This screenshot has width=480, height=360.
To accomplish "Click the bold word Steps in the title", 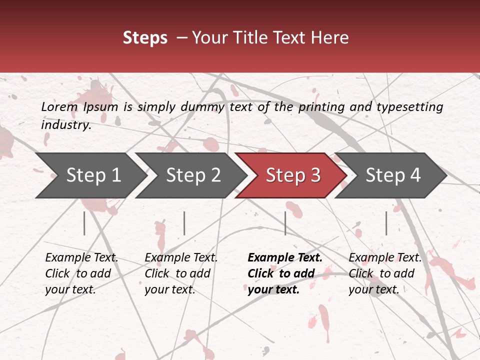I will point(145,37).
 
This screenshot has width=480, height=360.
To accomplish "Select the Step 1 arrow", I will point(90,175).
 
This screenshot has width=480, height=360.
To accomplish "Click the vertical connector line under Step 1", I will point(84,223).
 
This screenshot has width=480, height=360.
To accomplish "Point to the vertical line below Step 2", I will point(184,223).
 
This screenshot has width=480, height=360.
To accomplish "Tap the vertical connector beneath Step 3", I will point(285,223).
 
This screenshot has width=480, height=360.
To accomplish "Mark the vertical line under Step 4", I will point(386,223).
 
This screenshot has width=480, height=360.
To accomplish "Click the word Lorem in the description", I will point(59,106).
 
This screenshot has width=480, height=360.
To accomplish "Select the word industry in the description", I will point(65,124).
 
